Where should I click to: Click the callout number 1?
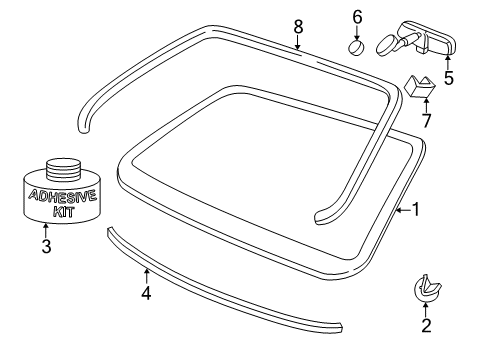tap(416, 209)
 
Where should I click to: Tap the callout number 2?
tap(426, 325)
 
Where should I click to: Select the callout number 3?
tap(46, 246)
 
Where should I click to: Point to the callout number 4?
tap(146, 293)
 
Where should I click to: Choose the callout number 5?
tap(449, 78)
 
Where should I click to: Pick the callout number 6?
tap(357, 17)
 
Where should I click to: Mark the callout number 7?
tap(427, 120)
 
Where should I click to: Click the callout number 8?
tap(298, 27)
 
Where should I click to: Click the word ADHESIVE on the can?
tap(63, 196)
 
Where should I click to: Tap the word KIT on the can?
tap(64, 212)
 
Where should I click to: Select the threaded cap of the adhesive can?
tap(63, 168)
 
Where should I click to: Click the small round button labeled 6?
tap(356, 47)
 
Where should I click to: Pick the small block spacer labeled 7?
tap(420, 86)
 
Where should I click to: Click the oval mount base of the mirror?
tap(386, 44)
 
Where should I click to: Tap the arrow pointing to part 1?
tap(403, 210)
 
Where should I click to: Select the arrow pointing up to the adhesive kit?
tap(46, 230)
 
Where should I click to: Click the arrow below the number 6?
tap(357, 33)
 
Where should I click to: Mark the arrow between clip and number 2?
tap(426, 309)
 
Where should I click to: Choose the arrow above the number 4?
tap(146, 276)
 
